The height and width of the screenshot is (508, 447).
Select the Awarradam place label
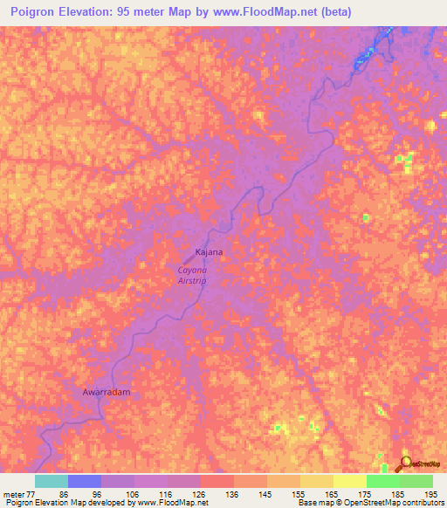106,393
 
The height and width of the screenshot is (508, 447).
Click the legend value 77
32,493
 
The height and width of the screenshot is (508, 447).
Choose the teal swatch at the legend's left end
51,481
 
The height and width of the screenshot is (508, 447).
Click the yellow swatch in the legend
350,481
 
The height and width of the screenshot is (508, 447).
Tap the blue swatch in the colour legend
85,481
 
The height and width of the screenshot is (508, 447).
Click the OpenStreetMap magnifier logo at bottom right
405,463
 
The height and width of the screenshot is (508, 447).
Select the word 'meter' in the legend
12,493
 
